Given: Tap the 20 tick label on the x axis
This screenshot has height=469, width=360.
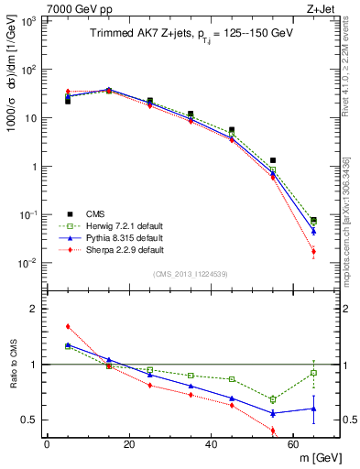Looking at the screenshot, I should point(129,444).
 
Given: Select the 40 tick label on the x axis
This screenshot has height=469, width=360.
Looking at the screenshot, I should point(212,444).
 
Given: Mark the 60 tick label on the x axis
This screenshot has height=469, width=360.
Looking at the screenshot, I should point(294,444).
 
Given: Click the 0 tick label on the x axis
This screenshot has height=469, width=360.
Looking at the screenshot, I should point(47,444).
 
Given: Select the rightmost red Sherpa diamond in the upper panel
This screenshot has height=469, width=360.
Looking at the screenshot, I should point(314,251).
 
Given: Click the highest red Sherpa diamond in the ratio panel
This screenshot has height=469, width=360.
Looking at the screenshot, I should point(68,326).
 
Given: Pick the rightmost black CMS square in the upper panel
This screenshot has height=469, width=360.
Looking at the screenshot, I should point(314,220).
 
